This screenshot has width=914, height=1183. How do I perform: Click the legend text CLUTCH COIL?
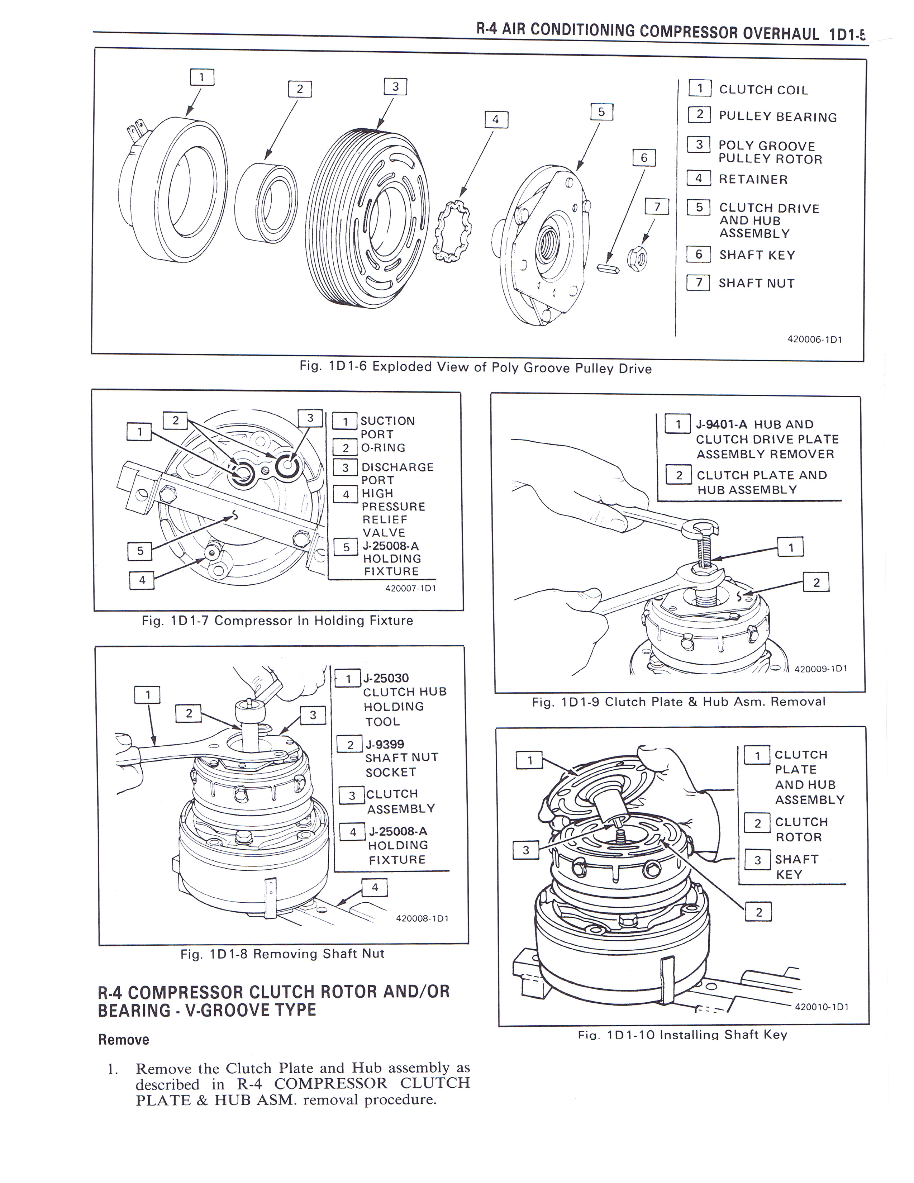(x=763, y=90)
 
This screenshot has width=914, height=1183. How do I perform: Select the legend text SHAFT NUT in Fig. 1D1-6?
(x=756, y=283)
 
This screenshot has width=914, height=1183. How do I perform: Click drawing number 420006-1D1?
(x=814, y=339)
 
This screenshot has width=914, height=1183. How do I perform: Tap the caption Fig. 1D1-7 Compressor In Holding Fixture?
(x=277, y=621)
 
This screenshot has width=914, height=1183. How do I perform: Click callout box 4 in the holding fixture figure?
(x=142, y=580)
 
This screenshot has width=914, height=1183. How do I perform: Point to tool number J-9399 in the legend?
(x=385, y=744)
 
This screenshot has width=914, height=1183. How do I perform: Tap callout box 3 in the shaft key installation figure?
(x=525, y=850)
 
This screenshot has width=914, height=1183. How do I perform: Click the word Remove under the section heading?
(x=123, y=1040)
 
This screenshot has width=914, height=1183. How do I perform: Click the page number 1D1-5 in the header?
(x=847, y=35)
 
